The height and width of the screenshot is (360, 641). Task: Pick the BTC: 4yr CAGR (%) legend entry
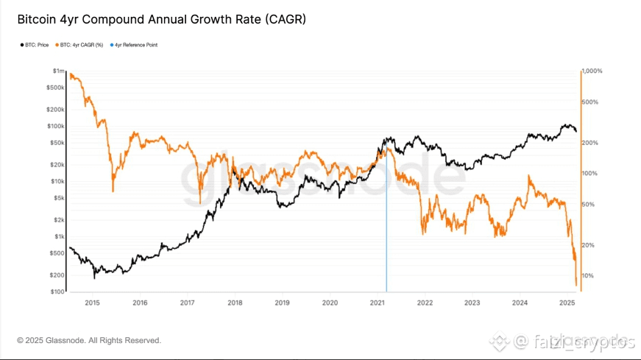click(82, 45)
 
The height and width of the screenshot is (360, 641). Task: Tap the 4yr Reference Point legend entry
click(135, 45)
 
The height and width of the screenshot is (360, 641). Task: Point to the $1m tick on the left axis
click(58, 71)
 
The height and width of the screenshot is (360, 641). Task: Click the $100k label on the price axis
click(56, 126)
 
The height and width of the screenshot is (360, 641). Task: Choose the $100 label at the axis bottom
click(57, 292)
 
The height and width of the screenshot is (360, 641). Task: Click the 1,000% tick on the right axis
click(592, 71)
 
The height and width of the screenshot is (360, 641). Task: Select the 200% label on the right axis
click(589, 142)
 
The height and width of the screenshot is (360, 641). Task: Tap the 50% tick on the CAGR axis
click(588, 204)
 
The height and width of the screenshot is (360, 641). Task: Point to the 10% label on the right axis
click(588, 275)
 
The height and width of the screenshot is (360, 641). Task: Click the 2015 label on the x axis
click(92, 303)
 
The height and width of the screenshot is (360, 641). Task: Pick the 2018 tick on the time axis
click(235, 303)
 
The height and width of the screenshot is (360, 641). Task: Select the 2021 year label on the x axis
click(378, 303)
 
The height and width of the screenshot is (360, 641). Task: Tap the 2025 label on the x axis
click(567, 303)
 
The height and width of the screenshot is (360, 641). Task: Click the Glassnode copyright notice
click(89, 340)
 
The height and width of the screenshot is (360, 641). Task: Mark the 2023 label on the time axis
click(472, 303)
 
